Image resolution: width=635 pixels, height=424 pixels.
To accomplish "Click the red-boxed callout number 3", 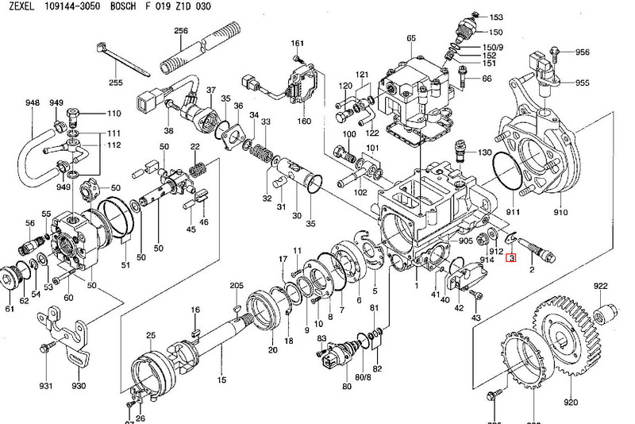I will point(512,259).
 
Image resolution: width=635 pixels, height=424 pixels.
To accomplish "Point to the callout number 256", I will point(180,30).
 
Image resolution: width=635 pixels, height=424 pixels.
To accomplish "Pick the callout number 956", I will point(583,52).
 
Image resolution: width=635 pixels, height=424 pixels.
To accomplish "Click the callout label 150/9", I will point(490,46).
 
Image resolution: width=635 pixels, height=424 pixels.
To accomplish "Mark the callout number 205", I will point(237,286).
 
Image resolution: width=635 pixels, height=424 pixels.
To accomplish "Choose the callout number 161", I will point(298,43).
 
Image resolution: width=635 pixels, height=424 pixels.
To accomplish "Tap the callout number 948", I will point(32,103).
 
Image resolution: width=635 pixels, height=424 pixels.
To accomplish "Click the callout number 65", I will point(410,39).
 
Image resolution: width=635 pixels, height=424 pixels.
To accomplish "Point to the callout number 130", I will point(485,152).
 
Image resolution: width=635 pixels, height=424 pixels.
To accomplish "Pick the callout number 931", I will point(45,386).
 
